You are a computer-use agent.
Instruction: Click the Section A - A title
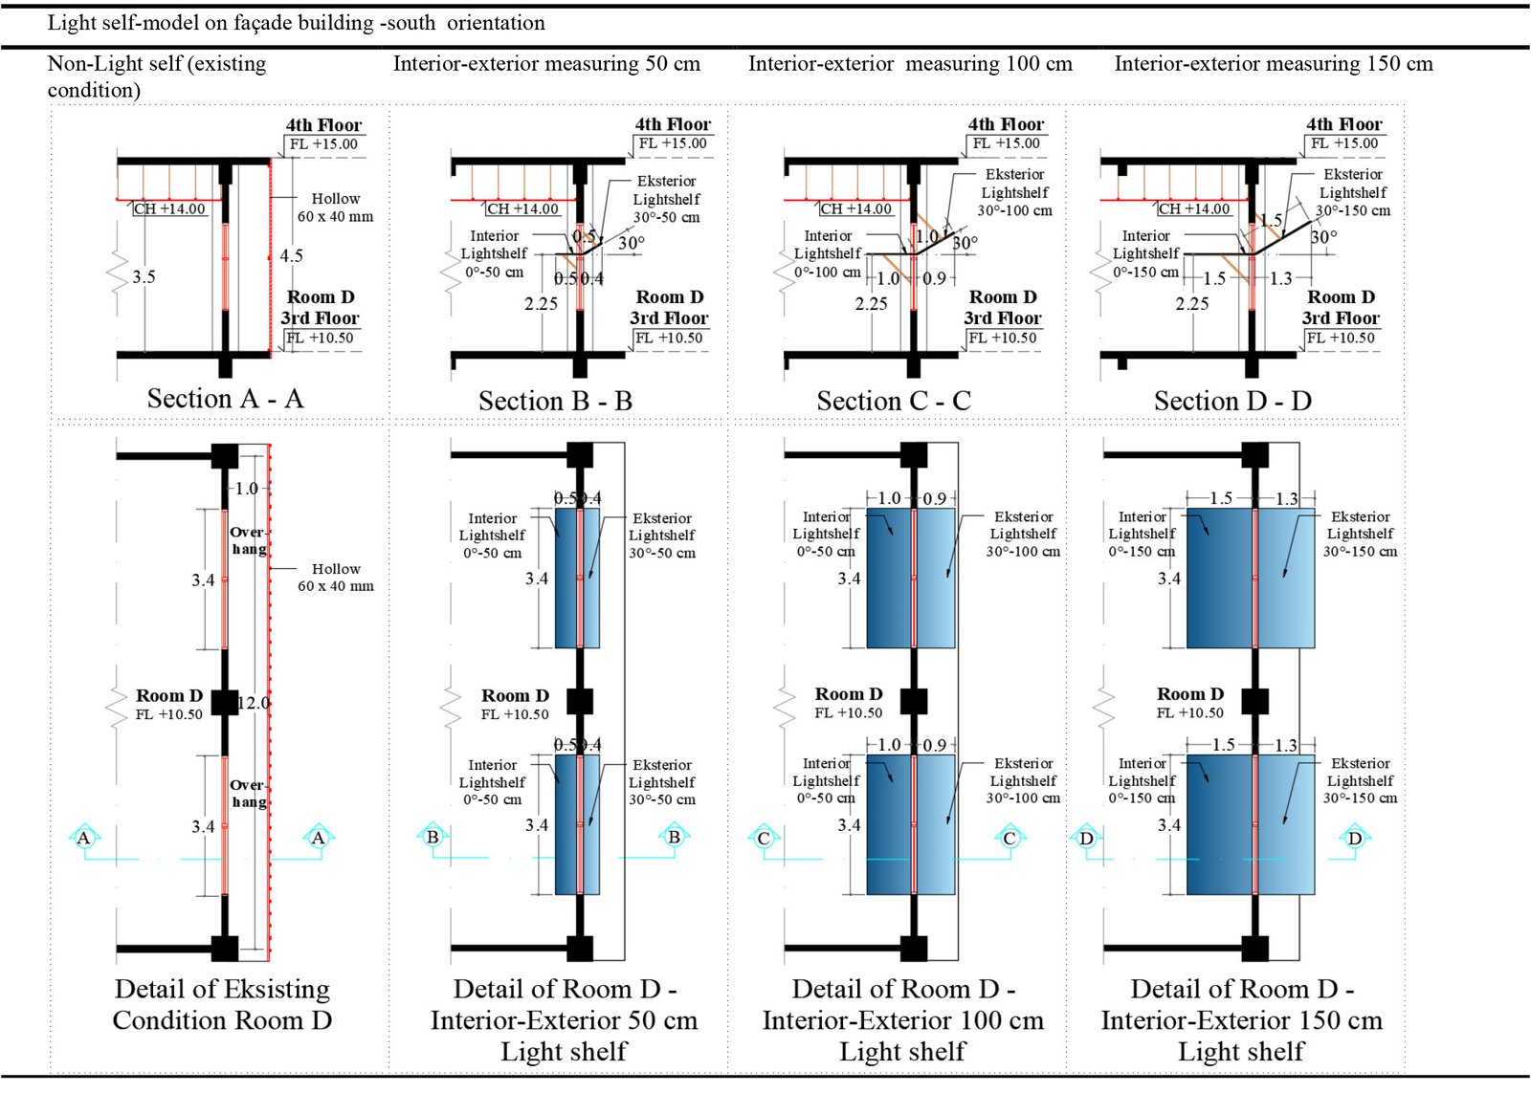click(x=225, y=399)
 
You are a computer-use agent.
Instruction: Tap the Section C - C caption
click(x=893, y=402)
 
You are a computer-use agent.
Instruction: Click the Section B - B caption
click(x=555, y=402)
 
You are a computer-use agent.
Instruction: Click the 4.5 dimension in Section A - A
click(x=291, y=256)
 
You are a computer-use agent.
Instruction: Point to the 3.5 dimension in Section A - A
click(x=144, y=277)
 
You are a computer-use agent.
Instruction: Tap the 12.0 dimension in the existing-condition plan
click(x=254, y=703)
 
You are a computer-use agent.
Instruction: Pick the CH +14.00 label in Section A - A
click(x=169, y=209)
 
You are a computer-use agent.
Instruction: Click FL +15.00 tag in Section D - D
click(x=1343, y=143)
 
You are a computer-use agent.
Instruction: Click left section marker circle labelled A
click(x=84, y=838)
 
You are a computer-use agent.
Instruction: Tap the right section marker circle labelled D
click(x=1355, y=839)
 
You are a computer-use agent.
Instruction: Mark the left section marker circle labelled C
click(x=764, y=839)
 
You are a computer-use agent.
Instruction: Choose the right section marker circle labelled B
click(x=674, y=837)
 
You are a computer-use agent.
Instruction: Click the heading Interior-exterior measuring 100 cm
click(x=910, y=64)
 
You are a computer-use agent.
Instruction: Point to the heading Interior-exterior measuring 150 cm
click(x=1273, y=64)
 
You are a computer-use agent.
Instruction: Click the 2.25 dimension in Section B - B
click(x=541, y=304)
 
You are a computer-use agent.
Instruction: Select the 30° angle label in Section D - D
click(x=1323, y=237)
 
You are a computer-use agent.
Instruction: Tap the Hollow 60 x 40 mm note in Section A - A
click(x=335, y=208)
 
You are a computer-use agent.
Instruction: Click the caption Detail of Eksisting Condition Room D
click(x=222, y=1004)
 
